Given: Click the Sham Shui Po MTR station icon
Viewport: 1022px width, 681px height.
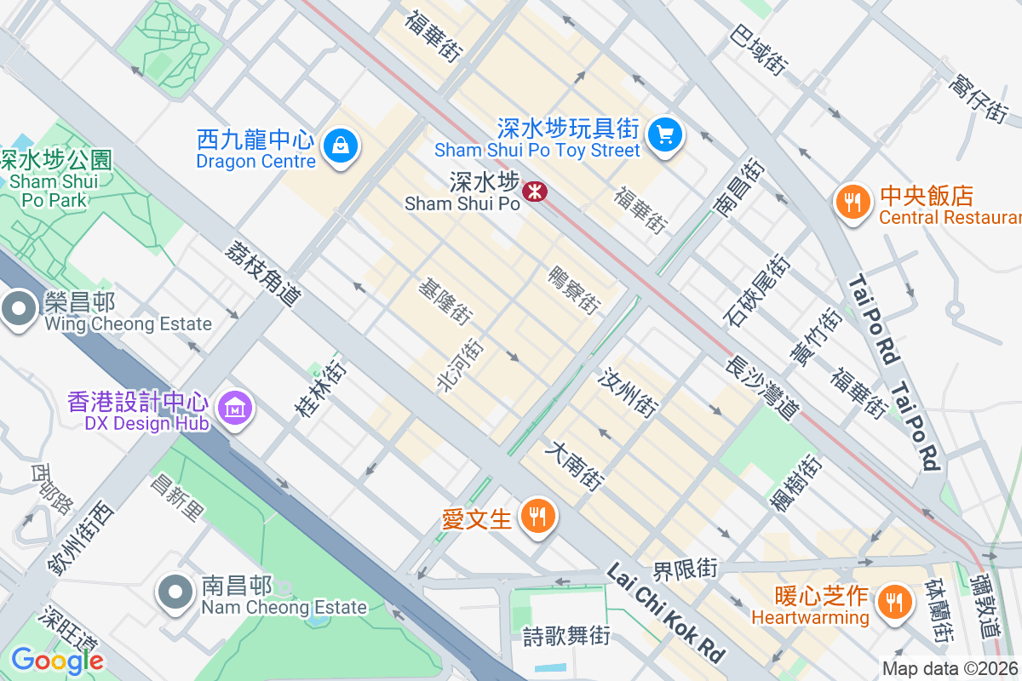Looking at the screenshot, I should point(535,191).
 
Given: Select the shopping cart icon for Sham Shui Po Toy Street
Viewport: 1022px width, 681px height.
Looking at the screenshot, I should point(664,136).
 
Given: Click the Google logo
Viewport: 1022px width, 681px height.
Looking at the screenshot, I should point(57,661).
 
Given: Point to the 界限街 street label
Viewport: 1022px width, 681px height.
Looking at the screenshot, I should point(686,568).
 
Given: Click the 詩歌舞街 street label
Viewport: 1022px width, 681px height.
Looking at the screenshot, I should point(566,635).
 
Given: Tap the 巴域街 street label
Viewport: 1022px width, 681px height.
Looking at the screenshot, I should point(759,49).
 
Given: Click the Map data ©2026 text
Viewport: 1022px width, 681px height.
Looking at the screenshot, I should point(950,669).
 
